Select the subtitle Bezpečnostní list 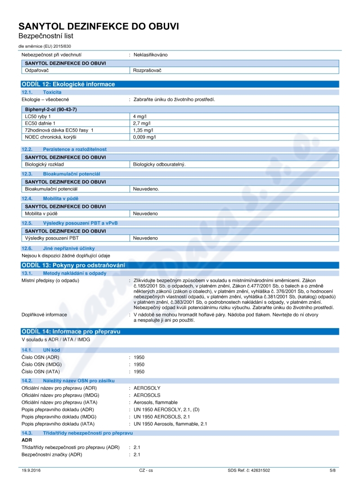coord(45,36)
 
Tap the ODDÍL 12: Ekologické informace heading coord(68,84)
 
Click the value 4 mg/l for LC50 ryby coord(137,116)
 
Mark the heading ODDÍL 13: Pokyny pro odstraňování coord(73,265)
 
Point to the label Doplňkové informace coord(44,315)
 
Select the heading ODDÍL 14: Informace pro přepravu coord(71,332)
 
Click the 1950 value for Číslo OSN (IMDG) coord(139,364)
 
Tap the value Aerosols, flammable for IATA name coord(156,402)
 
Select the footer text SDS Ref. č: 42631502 coord(249,470)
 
